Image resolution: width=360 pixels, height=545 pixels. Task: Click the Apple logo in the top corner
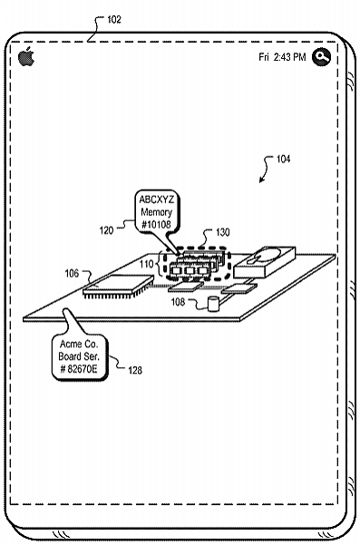point(25,57)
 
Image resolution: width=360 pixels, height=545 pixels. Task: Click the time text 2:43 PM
point(289,57)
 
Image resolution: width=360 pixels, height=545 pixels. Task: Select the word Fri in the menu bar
point(264,57)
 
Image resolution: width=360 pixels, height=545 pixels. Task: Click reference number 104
point(283,158)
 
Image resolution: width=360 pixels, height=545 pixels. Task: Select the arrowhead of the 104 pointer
point(261,181)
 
